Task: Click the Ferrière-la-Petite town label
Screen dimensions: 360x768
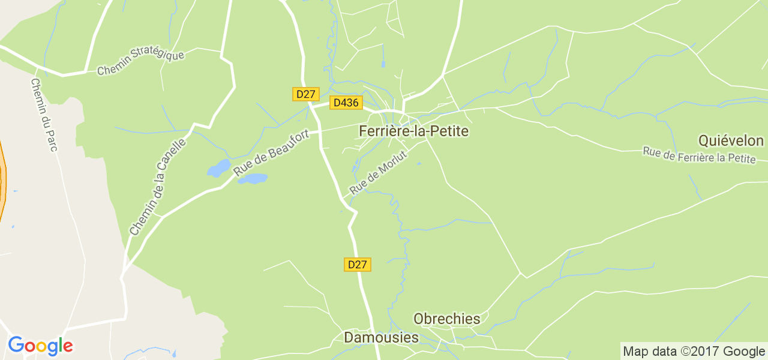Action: point(413,131)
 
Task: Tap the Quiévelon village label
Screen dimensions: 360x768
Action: point(731,141)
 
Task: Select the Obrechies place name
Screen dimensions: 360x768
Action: point(447,319)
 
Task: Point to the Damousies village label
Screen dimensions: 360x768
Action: point(381,338)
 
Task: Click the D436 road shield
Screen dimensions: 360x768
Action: point(346,103)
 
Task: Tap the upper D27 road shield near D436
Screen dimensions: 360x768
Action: point(306,94)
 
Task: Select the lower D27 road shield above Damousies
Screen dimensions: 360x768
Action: point(358,265)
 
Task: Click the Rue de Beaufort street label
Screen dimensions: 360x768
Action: point(271,153)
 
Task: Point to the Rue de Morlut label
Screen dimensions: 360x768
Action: point(378,172)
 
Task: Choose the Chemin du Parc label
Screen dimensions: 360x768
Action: point(44,114)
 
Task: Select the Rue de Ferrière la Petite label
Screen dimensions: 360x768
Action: point(698,155)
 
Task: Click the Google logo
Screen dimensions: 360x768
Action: point(40,346)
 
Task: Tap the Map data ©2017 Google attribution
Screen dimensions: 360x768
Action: point(693,352)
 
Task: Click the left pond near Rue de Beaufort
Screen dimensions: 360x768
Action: point(219,168)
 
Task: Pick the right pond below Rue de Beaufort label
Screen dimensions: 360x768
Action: point(253,179)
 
